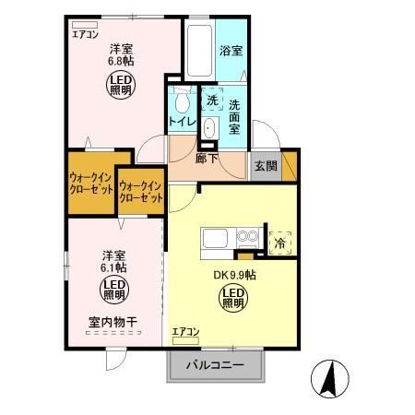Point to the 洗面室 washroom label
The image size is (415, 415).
tap(234, 117)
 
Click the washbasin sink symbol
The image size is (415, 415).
tap(209, 128)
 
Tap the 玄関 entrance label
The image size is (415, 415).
tap(266, 166)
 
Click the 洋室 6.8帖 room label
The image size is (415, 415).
tap(123, 54)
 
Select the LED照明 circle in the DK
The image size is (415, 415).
tap(232, 297)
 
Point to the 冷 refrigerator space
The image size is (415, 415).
tap(280, 243)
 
